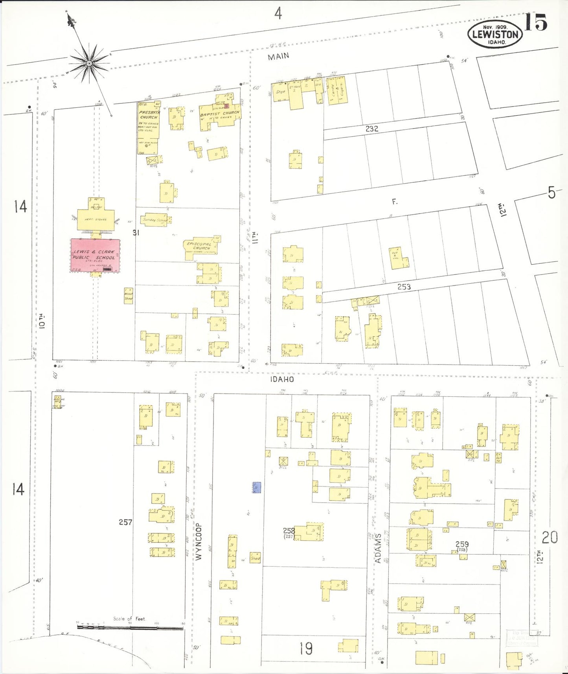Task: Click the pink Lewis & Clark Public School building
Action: pyautogui.click(x=95, y=255)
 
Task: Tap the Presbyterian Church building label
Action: pyautogui.click(x=149, y=114)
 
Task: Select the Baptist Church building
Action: pyautogui.click(x=220, y=114)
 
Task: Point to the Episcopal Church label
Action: pyautogui.click(x=199, y=246)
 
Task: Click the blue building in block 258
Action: pyautogui.click(x=257, y=488)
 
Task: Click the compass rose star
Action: pyautogui.click(x=89, y=63)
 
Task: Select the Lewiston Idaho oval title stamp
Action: pyautogui.click(x=495, y=34)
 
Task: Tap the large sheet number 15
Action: pyautogui.click(x=536, y=22)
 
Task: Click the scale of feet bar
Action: pyautogui.click(x=130, y=628)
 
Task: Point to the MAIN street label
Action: pyautogui.click(x=278, y=57)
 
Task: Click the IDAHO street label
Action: pyautogui.click(x=282, y=379)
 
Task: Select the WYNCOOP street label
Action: pyautogui.click(x=199, y=541)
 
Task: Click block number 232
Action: pyautogui.click(x=371, y=129)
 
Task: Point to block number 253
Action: pyautogui.click(x=404, y=287)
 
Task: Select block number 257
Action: pyautogui.click(x=125, y=522)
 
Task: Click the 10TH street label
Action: pyautogui.click(x=42, y=320)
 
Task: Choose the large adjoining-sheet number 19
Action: pyautogui.click(x=306, y=648)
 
